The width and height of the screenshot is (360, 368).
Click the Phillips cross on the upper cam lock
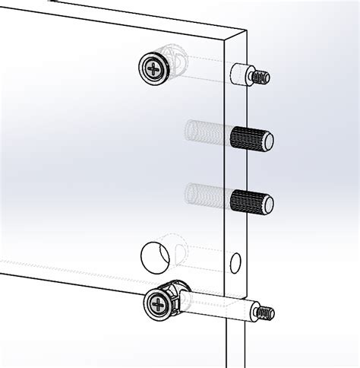coord(155,69)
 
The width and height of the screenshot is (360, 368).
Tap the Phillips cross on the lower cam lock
coord(157,307)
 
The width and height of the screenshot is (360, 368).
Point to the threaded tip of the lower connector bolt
coord(265,312)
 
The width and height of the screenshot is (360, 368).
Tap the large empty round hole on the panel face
coord(154,255)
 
